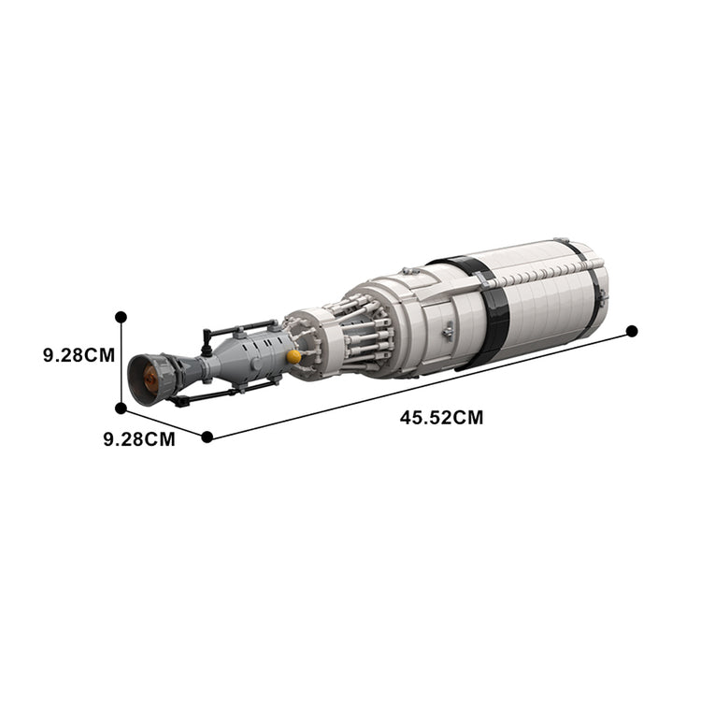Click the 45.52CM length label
tap(441, 418)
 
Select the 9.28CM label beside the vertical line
tap(78, 355)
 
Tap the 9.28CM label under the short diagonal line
tap(139, 439)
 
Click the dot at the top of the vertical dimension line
tap(121, 318)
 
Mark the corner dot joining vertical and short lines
tap(121, 408)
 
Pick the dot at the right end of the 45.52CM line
tap(632, 330)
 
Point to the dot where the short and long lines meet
tap(207, 436)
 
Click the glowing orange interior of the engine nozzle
tap(148, 378)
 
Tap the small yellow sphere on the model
tap(294, 356)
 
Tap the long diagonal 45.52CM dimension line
tap(421, 382)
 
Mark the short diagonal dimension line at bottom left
tap(164, 422)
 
